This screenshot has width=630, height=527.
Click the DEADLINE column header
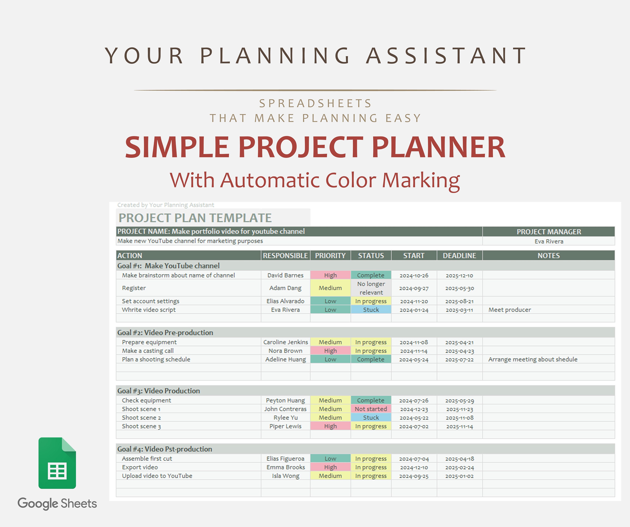pyautogui.click(x=459, y=256)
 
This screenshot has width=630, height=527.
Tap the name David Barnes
pyautogui.click(x=285, y=275)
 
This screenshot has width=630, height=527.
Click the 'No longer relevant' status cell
pyautogui.click(x=371, y=288)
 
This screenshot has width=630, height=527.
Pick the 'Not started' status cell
pyautogui.click(x=371, y=409)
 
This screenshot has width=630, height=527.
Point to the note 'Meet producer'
pyautogui.click(x=509, y=310)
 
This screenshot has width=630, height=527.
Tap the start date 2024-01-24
pyautogui.click(x=414, y=310)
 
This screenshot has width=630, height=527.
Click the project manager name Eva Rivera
pyautogui.click(x=549, y=241)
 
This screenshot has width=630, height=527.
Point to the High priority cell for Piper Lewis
pyautogui.click(x=330, y=426)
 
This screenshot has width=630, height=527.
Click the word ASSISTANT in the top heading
pyautogui.click(x=446, y=56)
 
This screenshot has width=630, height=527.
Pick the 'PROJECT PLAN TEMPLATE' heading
pyautogui.click(x=195, y=218)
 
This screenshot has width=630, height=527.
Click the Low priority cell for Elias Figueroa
pyautogui.click(x=330, y=459)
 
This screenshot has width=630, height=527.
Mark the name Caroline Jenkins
pyautogui.click(x=286, y=342)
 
